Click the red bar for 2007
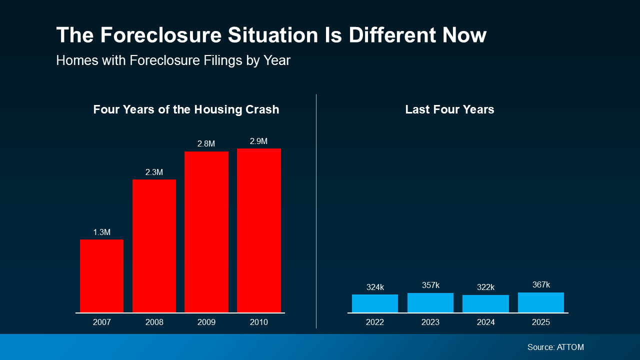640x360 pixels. pyautogui.click(x=101, y=276)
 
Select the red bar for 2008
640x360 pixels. pyautogui.click(x=154, y=246)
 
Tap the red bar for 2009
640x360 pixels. pyautogui.click(x=206, y=232)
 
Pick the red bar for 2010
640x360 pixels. pyautogui.click(x=258, y=230)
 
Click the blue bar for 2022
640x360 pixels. pyautogui.click(x=374, y=303)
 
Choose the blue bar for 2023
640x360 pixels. pyautogui.click(x=430, y=303)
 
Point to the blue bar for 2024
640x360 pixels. pyautogui.click(x=485, y=304)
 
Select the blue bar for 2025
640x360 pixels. pyautogui.click(x=541, y=302)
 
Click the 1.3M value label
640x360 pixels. pyautogui.click(x=101, y=232)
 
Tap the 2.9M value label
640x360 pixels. pyautogui.click(x=258, y=141)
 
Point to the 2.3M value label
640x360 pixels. pyautogui.click(x=154, y=172)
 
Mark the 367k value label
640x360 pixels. pyautogui.click(x=541, y=285)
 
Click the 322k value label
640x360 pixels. pyautogui.click(x=485, y=287)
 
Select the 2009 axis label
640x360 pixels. pyautogui.click(x=206, y=322)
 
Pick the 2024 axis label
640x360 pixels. pyautogui.click(x=485, y=322)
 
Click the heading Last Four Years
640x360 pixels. pyautogui.click(x=449, y=110)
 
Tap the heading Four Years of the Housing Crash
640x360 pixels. pyautogui.click(x=186, y=110)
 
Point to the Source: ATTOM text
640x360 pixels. pyautogui.click(x=555, y=347)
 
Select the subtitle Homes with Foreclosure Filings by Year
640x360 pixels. pyautogui.click(x=173, y=60)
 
